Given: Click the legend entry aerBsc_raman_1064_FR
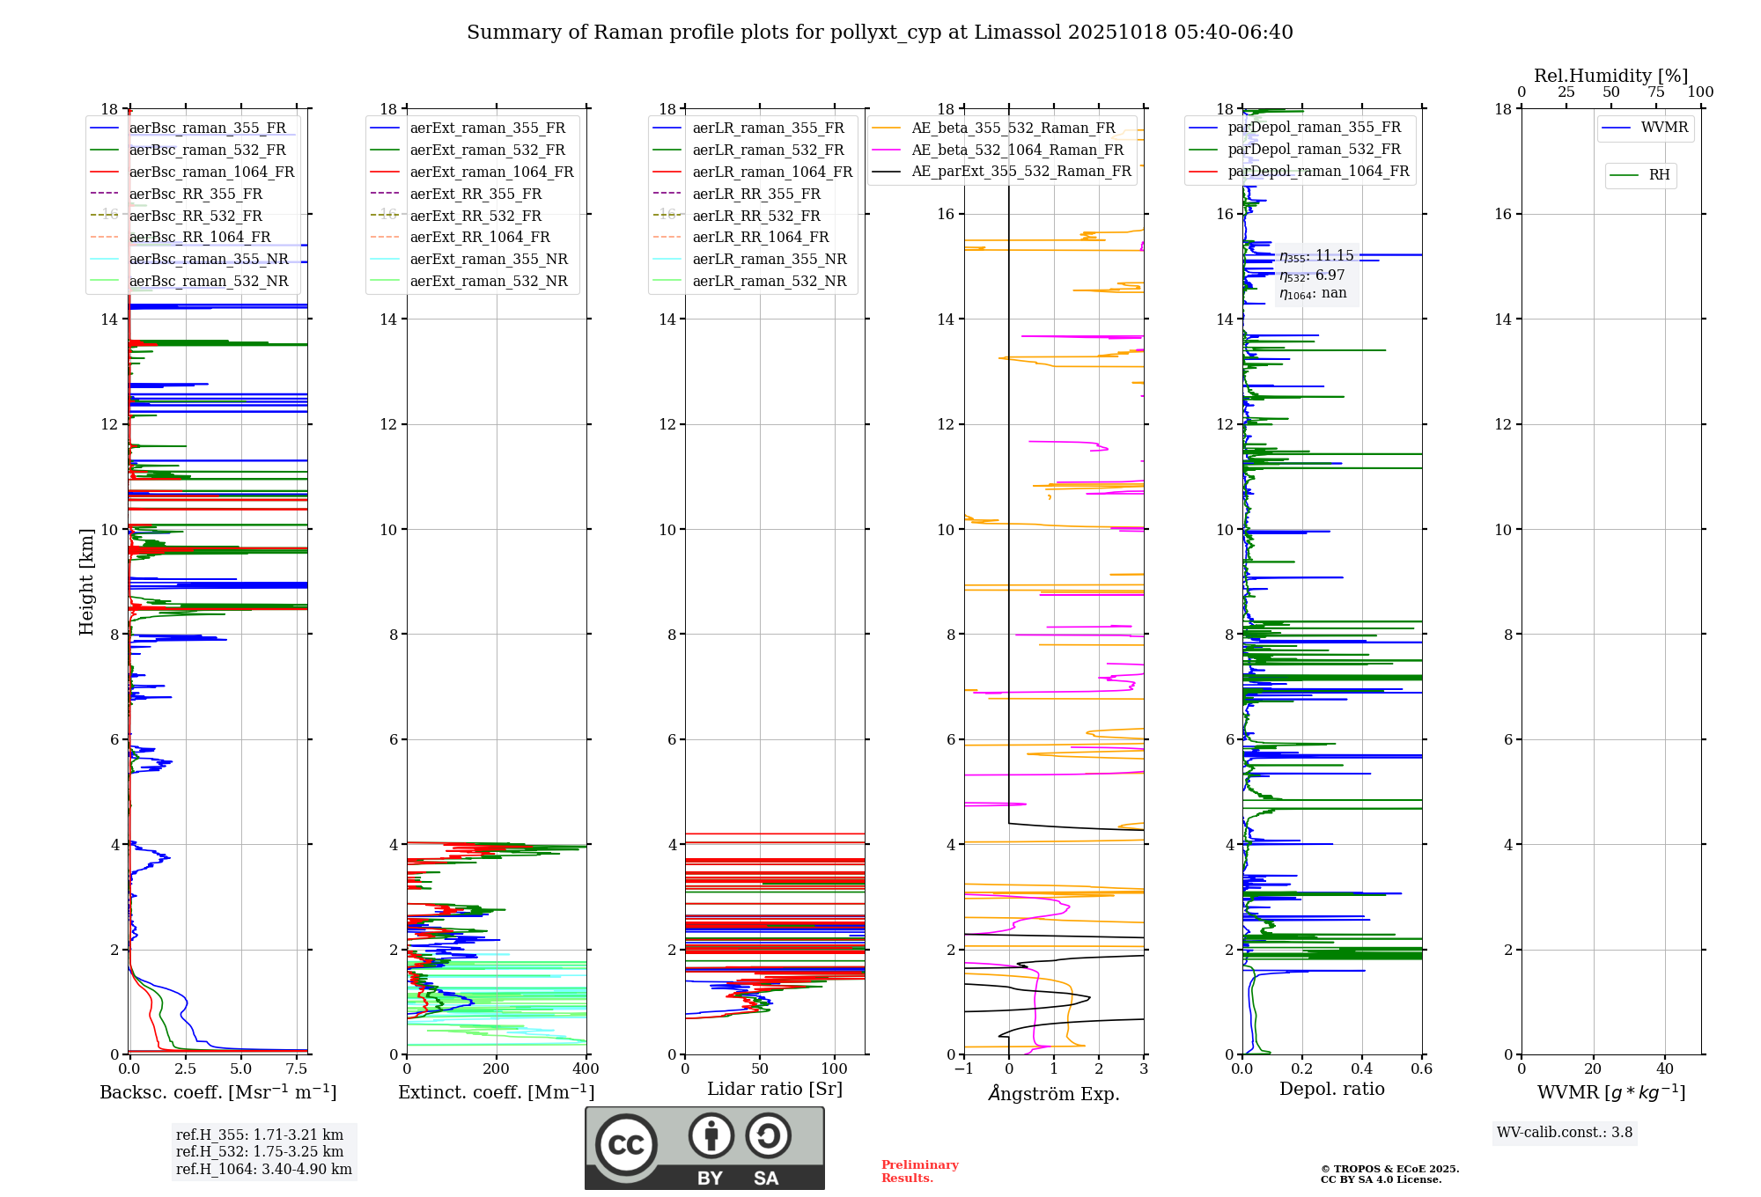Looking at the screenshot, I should [x=211, y=173].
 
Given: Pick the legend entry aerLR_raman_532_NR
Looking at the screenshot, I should [x=769, y=282].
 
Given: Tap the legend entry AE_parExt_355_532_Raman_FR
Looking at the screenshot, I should [x=1020, y=172].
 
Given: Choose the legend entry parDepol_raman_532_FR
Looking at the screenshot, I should [x=1314, y=150].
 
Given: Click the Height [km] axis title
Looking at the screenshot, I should [x=86, y=581].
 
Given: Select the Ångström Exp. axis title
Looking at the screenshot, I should [x=1054, y=1093].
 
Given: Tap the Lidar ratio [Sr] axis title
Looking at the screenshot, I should [x=775, y=1090].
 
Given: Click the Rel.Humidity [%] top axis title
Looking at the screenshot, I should [x=1611, y=76].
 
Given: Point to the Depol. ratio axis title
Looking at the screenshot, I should [x=1331, y=1090].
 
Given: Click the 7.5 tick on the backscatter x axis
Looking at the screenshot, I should [x=297, y=1069].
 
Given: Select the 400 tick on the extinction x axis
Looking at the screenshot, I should [x=586, y=1069].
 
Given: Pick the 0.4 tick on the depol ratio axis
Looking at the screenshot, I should [x=1362, y=1069].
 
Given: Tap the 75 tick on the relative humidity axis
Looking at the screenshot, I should [x=1656, y=92].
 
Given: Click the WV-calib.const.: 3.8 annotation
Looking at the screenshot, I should [x=1565, y=1133].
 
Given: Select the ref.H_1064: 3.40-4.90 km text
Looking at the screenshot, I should [x=263, y=1170].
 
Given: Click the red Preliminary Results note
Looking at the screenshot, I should [x=919, y=1171].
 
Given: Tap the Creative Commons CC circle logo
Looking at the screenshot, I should [x=626, y=1145].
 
